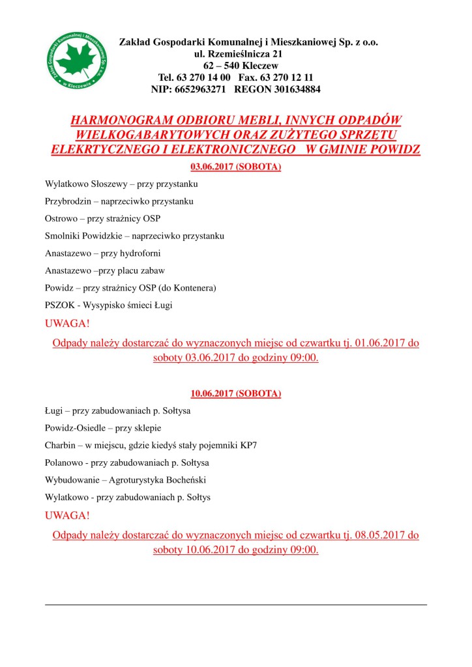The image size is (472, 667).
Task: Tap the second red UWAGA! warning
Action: click(x=67, y=515)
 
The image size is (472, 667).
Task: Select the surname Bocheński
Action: click(x=200, y=480)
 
